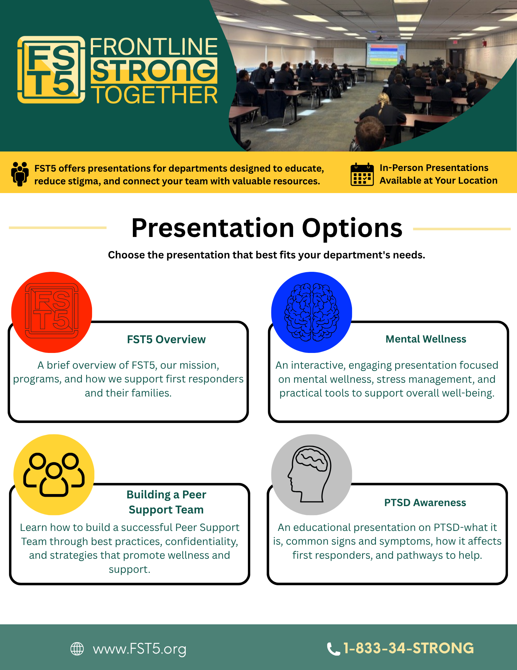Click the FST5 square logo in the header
coord(51,70)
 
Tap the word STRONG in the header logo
coord(154,71)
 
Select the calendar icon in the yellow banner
coord(362,174)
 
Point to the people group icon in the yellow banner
coord(20,174)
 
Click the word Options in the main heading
coord(352,228)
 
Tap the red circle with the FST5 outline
coord(52,312)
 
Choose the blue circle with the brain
coord(312,312)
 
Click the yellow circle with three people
coord(54,475)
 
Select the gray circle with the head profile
coord(312,475)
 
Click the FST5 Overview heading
coord(166,340)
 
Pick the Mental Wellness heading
coord(426,339)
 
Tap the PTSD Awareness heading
coord(425,503)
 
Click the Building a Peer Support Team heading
coord(166,502)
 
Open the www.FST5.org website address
coord(140,649)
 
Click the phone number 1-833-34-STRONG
coord(409,648)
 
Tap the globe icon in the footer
coord(77,649)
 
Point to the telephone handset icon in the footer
coord(333,649)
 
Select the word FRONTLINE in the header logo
coord(154,47)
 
